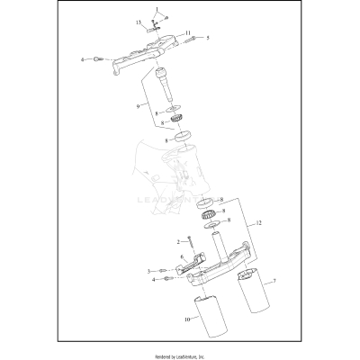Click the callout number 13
pyautogui.click(x=139, y=21)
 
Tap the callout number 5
pyautogui.click(x=208, y=39)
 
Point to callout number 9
pyautogui.click(x=138, y=105)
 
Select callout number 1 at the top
pyautogui.click(x=154, y=9)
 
